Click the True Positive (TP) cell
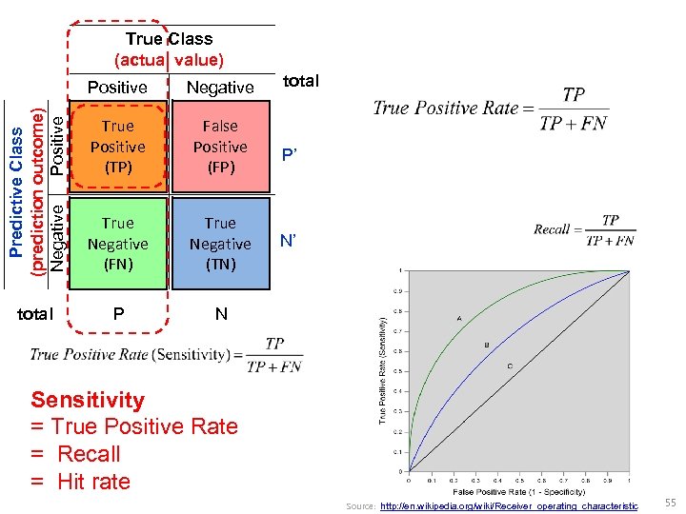[x=117, y=147]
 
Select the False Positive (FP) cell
[x=220, y=147]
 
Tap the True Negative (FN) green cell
[x=117, y=244]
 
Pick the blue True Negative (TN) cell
[x=220, y=244]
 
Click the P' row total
[x=289, y=157]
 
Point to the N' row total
[x=289, y=242]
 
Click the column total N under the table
[x=221, y=313]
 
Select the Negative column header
[x=220, y=88]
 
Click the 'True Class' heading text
[x=169, y=39]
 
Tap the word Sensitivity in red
[x=88, y=400]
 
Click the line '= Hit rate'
[x=80, y=482]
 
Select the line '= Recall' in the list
[x=75, y=454]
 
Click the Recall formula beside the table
[x=584, y=229]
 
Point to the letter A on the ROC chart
[x=459, y=318]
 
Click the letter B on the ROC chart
[x=488, y=345]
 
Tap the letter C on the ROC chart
[x=510, y=366]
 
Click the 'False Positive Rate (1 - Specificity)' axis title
[x=518, y=492]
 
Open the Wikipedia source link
[x=509, y=506]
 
